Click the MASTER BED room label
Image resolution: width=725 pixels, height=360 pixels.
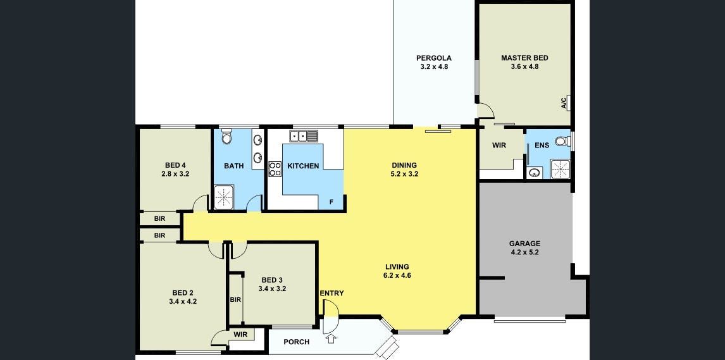pyautogui.click(x=525, y=58)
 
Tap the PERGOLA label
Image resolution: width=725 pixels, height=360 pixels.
pyautogui.click(x=434, y=58)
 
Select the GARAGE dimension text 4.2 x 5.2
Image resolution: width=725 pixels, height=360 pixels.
pyautogui.click(x=525, y=252)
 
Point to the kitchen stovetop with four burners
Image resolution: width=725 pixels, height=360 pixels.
pyautogui.click(x=275, y=169)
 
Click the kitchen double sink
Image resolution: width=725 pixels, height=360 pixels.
pyautogui.click(x=304, y=136)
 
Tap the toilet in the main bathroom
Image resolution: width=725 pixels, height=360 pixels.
pyautogui.click(x=226, y=136)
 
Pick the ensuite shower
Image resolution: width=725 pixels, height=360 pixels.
pyautogui.click(x=560, y=169)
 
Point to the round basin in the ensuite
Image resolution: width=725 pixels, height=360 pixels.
pyautogui.click(x=535, y=173)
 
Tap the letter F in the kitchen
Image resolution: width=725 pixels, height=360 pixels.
pyautogui.click(x=331, y=201)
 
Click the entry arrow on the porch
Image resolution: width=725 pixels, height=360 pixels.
pyautogui.click(x=331, y=340)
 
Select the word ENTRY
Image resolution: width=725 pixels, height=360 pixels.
pyautogui.click(x=332, y=293)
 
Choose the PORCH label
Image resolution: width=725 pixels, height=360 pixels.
pyautogui.click(x=296, y=342)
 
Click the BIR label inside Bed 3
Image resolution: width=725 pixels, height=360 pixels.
pyautogui.click(x=235, y=299)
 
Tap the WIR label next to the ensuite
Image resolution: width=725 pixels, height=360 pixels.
pyautogui.click(x=499, y=145)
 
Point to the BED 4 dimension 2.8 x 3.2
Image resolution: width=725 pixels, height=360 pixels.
pyautogui.click(x=175, y=174)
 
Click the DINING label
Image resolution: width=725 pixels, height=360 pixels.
pyautogui.click(x=404, y=165)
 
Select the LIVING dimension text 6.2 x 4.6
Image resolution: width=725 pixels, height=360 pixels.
pyautogui.click(x=397, y=275)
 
